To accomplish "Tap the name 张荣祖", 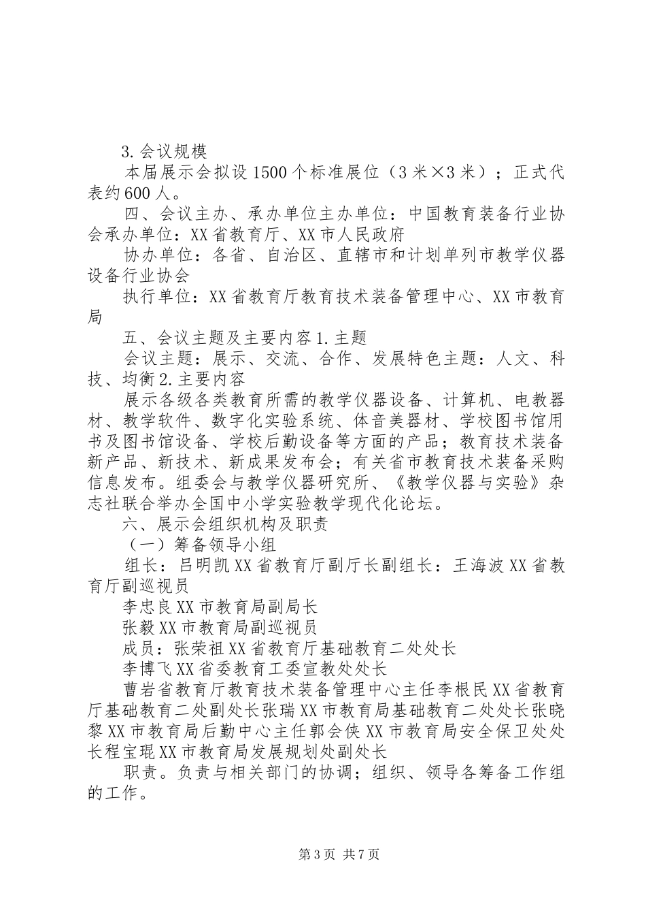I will [201, 647].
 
